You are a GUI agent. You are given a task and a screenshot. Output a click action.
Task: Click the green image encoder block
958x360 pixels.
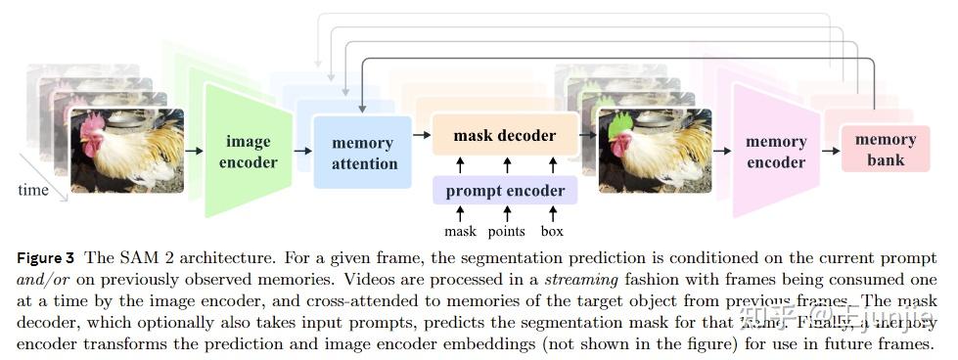click(x=248, y=152)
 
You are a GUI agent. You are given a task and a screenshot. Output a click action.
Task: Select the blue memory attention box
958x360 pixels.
click(x=363, y=153)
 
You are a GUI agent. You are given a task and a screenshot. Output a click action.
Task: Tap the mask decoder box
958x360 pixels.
click(x=505, y=136)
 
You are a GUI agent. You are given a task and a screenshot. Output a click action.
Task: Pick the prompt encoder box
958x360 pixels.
click(x=505, y=190)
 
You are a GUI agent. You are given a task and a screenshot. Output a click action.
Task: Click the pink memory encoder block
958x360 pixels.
click(x=775, y=152)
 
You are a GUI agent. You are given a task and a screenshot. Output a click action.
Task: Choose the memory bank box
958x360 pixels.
click(x=885, y=149)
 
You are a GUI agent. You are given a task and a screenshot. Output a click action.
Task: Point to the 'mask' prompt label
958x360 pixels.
click(x=460, y=232)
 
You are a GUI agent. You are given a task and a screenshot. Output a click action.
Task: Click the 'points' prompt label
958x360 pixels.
click(x=506, y=232)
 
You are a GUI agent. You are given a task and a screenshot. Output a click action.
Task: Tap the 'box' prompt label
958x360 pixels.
click(x=552, y=232)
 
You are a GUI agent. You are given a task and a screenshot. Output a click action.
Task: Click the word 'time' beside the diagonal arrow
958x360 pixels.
click(x=33, y=190)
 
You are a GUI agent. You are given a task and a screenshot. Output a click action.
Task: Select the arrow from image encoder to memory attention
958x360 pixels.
click(x=302, y=151)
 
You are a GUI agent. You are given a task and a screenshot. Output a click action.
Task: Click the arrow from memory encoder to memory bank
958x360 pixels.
click(x=831, y=151)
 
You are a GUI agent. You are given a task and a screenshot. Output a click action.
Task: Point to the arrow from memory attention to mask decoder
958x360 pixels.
click(x=422, y=139)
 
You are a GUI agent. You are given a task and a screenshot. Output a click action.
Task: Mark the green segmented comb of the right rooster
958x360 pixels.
click(x=620, y=125)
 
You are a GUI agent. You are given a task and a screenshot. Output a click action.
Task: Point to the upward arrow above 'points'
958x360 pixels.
click(x=506, y=212)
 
